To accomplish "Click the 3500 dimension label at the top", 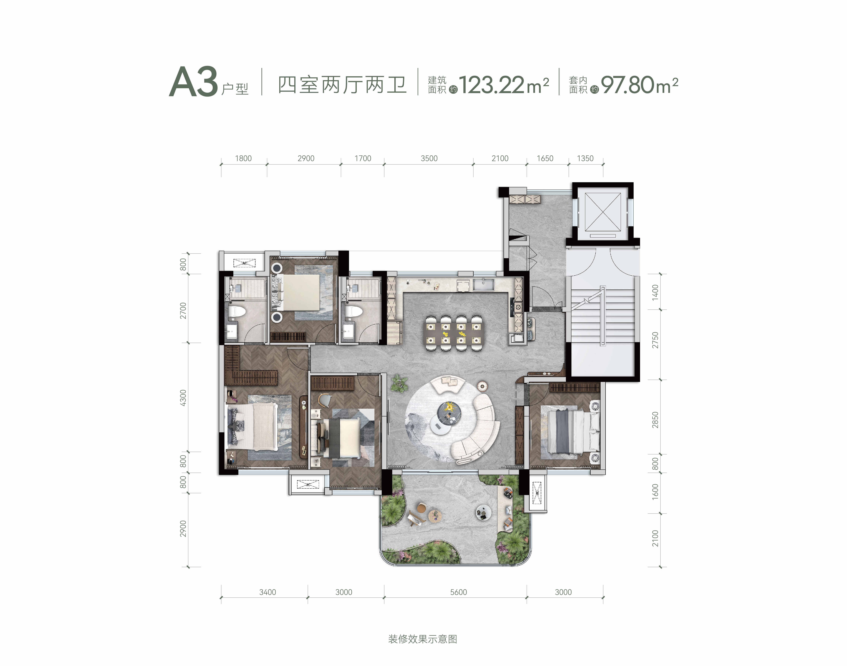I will (x=429, y=158).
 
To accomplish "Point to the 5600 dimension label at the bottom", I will (x=458, y=592).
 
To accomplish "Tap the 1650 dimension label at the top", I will (x=545, y=158).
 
